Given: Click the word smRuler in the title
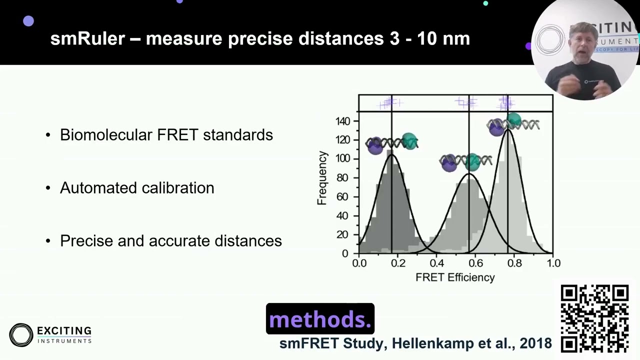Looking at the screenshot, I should pos(87,38).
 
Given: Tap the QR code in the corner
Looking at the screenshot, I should pos(594,319).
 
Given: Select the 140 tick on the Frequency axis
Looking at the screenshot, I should pos(343,121).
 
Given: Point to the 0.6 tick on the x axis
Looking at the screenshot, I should pos(475,263).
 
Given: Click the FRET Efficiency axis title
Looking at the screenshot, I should pos(455,277).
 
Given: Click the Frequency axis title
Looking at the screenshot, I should pos(322,178).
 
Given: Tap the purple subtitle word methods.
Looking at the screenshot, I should pos(320,319).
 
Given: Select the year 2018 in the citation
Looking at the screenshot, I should pos(535,343).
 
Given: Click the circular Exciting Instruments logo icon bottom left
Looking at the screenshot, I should pos(21,335).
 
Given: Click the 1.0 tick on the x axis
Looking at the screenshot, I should pos(553,263).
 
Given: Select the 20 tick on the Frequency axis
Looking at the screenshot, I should pos(343,235).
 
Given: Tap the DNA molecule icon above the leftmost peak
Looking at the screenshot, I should pos(392,144).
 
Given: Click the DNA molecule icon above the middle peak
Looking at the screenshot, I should pos(465,161).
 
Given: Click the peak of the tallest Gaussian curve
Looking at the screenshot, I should pos(508,129).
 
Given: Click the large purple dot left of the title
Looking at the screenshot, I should pos(28,21).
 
